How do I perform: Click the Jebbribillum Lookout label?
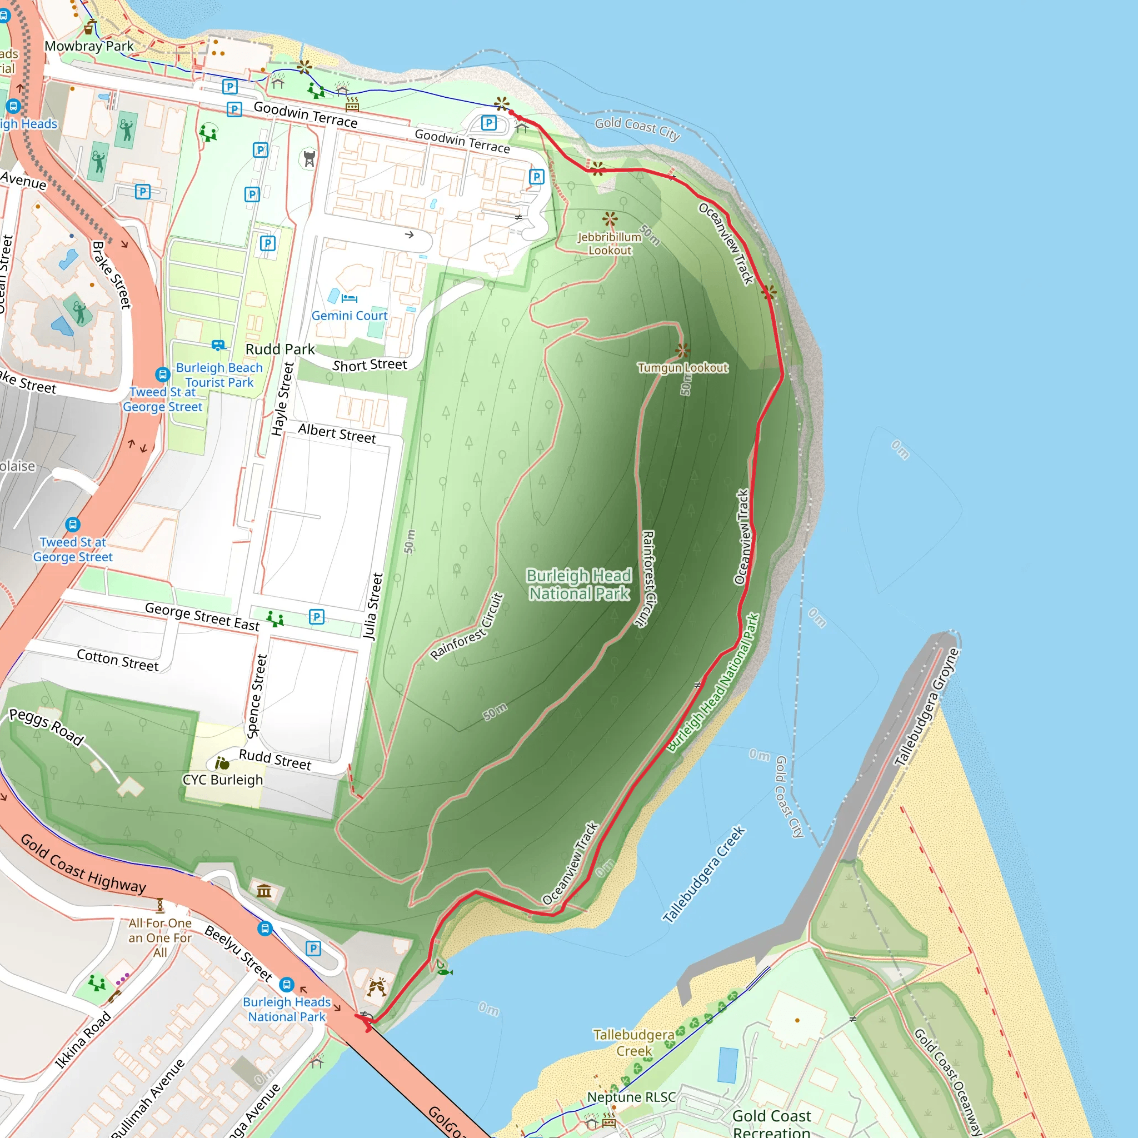pyautogui.click(x=609, y=243)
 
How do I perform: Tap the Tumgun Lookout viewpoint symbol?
pyautogui.click(x=683, y=351)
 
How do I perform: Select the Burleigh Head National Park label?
pyautogui.click(x=579, y=585)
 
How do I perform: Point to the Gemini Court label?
pyautogui.click(x=350, y=316)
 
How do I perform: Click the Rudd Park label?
pyautogui.click(x=280, y=350)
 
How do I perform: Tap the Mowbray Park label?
pyautogui.click(x=89, y=46)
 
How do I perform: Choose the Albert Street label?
pyautogui.click(x=337, y=433)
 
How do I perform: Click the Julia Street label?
pyautogui.click(x=373, y=606)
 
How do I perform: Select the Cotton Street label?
pyautogui.click(x=118, y=660)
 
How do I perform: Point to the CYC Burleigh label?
pyautogui.click(x=223, y=780)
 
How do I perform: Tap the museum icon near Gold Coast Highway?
pyautogui.click(x=264, y=891)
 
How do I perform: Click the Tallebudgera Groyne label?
pyautogui.click(x=926, y=707)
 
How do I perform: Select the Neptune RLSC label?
pyautogui.click(x=631, y=1097)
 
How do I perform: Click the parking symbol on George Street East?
pyautogui.click(x=317, y=617)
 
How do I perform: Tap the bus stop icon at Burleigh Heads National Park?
pyautogui.click(x=287, y=984)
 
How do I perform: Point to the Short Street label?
pyautogui.click(x=370, y=365)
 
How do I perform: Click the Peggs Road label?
pyautogui.click(x=47, y=727)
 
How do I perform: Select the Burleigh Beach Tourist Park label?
pyautogui.click(x=219, y=375)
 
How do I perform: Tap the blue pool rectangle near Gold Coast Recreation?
pyautogui.click(x=728, y=1065)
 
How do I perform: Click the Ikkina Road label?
pyautogui.click(x=83, y=1040)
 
